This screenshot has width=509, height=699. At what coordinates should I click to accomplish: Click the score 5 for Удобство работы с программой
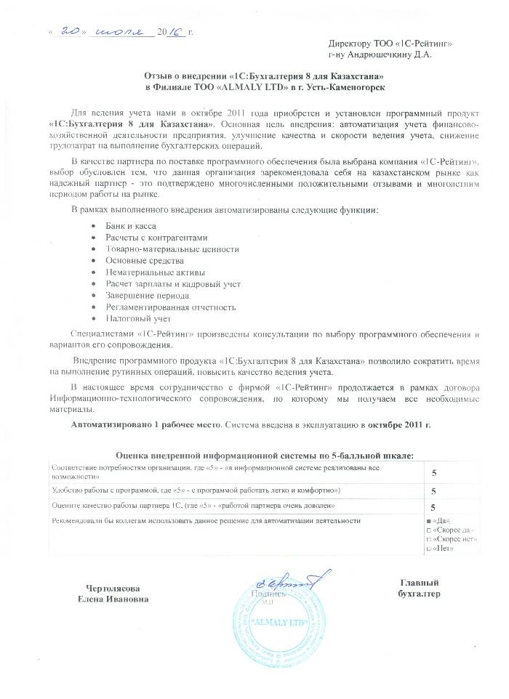click(x=433, y=491)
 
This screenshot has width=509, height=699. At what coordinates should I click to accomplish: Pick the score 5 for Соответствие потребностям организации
click(x=433, y=472)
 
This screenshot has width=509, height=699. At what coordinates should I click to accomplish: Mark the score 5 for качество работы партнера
click(x=433, y=507)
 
